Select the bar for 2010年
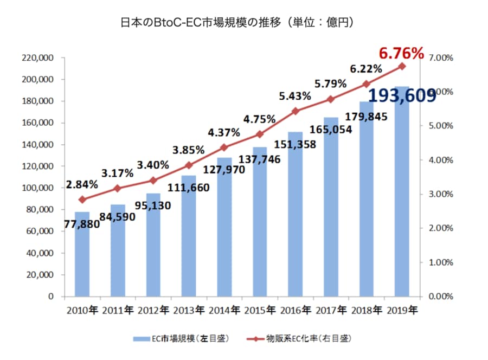pos(82,255)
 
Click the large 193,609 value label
pos(402,95)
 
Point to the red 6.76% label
pos(401,53)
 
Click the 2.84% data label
pos(82,184)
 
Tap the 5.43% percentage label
pos(295,96)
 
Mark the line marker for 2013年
pos(189,165)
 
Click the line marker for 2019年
pos(402,66)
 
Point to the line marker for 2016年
pos(296,111)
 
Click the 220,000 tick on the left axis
pos(38,57)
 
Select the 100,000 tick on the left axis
pos(38,188)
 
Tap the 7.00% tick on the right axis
pos(440,57)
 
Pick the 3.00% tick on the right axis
pos(440,194)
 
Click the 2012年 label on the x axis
pos(153,311)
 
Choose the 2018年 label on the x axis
pos(367,311)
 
